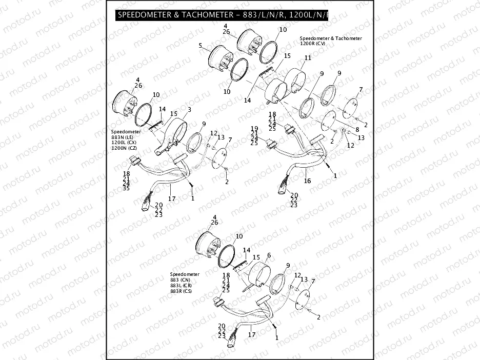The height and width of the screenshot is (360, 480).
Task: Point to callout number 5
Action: point(201,46)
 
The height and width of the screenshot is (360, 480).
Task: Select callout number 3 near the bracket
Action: point(189,109)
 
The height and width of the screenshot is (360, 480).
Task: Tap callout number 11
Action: point(307,58)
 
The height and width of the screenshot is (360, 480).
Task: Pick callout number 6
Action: point(269,255)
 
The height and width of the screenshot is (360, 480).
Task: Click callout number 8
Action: point(357,130)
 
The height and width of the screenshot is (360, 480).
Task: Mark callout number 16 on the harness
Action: point(307,181)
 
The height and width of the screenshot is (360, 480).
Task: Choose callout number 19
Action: point(254,128)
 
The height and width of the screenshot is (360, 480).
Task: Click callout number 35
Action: point(126,188)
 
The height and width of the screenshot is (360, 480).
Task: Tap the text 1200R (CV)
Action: point(313,44)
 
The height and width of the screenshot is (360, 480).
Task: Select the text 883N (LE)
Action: point(122,137)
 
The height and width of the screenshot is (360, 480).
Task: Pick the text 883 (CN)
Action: point(181,280)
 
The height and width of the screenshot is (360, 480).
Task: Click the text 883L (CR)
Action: point(182,286)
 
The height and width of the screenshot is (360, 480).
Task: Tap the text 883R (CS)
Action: point(182,291)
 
